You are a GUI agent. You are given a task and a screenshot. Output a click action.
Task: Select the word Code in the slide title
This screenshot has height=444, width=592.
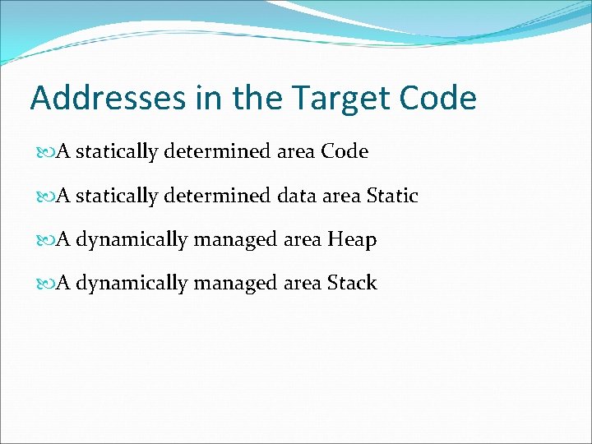[x=438, y=99]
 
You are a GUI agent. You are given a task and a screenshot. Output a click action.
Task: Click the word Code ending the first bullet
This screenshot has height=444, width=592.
[x=345, y=152]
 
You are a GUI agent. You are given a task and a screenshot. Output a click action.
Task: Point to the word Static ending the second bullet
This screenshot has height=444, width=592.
[x=392, y=197]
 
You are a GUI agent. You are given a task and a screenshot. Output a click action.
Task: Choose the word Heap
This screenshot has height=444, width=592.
[x=352, y=240]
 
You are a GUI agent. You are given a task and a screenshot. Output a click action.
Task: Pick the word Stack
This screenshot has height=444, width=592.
[x=352, y=284]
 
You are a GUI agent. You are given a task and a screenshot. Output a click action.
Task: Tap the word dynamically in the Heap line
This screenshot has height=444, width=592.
[x=132, y=240]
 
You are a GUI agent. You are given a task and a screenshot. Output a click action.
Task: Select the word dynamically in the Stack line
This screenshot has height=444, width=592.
[x=132, y=284]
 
